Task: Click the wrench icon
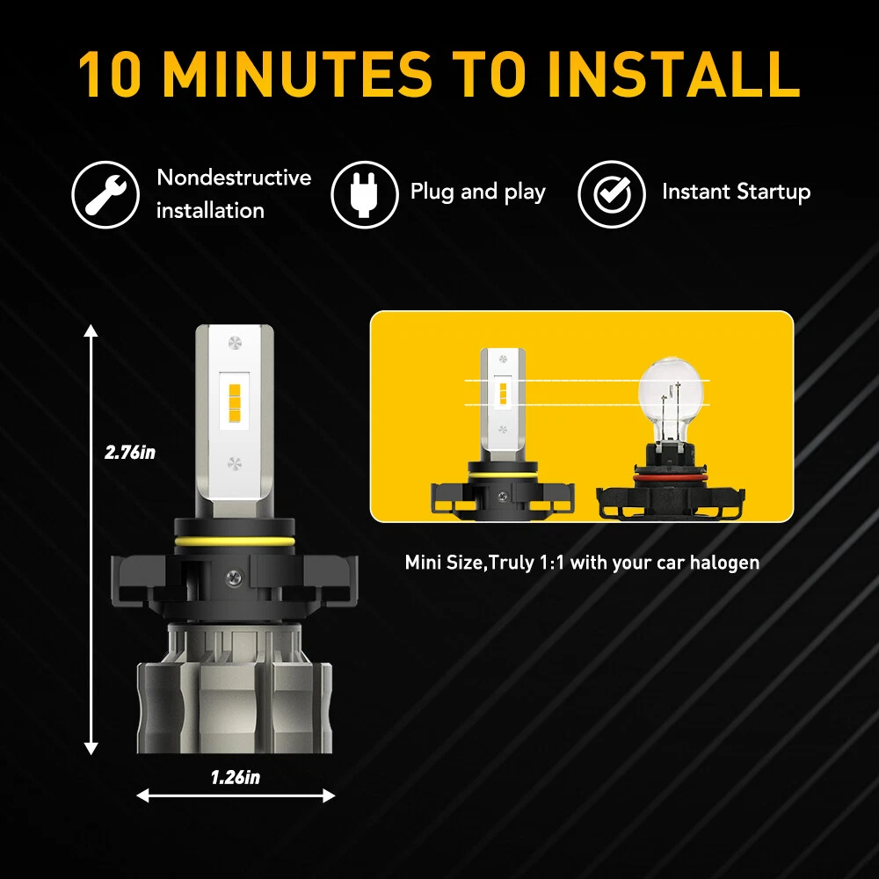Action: [105, 194]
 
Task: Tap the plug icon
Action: [365, 194]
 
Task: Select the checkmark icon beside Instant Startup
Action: [612, 194]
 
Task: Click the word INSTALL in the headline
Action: [673, 74]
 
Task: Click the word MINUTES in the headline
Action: [297, 74]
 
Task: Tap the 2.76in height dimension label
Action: [129, 452]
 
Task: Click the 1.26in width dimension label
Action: [236, 777]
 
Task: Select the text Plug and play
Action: [477, 193]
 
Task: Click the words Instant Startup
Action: [736, 192]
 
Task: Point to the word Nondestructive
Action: [234, 178]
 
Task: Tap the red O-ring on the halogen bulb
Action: [672, 477]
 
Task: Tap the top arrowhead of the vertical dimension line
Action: [91, 331]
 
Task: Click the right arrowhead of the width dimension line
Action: [328, 795]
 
